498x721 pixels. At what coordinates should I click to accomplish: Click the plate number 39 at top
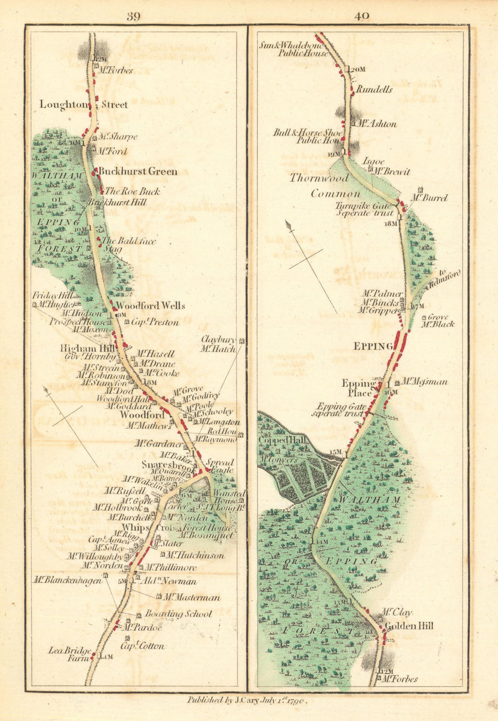[133, 16]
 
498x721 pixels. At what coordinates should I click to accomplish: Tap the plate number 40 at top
[362, 16]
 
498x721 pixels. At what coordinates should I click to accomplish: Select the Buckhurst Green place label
[137, 171]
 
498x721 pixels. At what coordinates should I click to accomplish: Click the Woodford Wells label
[150, 305]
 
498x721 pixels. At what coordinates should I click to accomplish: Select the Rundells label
[374, 90]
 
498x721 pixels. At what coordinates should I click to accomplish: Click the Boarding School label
[178, 614]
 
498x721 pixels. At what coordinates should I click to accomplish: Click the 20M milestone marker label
[357, 69]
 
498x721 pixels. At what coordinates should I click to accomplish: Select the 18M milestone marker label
[391, 224]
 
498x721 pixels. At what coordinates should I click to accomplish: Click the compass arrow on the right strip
[289, 226]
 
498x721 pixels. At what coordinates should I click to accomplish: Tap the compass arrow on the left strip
[48, 392]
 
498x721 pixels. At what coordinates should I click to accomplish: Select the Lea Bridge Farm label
[70, 654]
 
